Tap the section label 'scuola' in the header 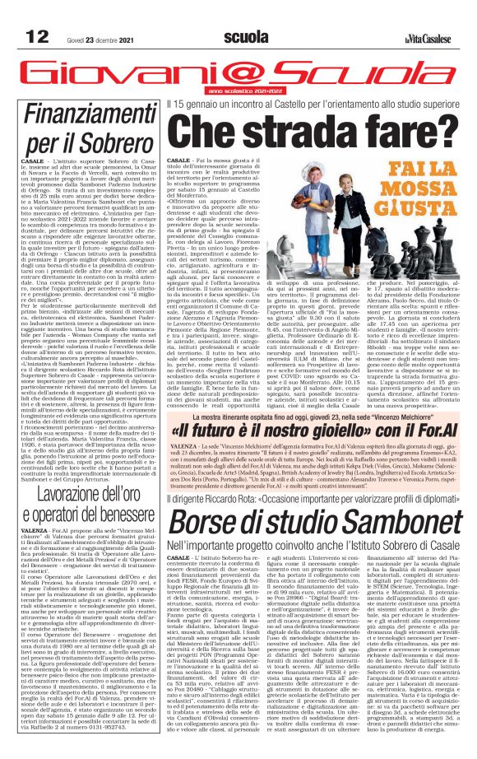[x=244, y=37]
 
